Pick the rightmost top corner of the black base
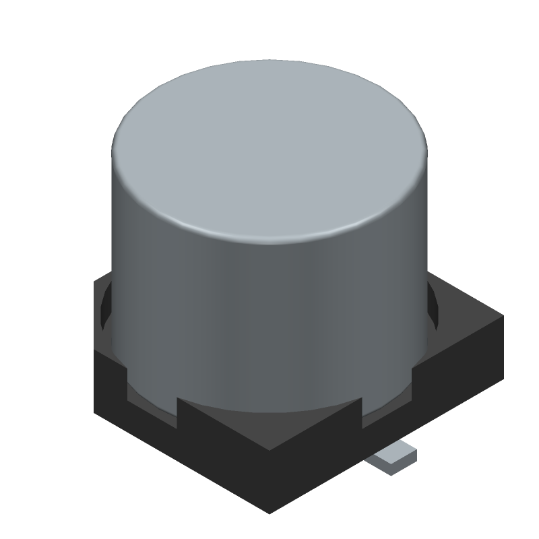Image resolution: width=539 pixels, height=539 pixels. (503, 317)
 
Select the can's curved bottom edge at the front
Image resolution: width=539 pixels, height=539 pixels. (269, 410)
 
